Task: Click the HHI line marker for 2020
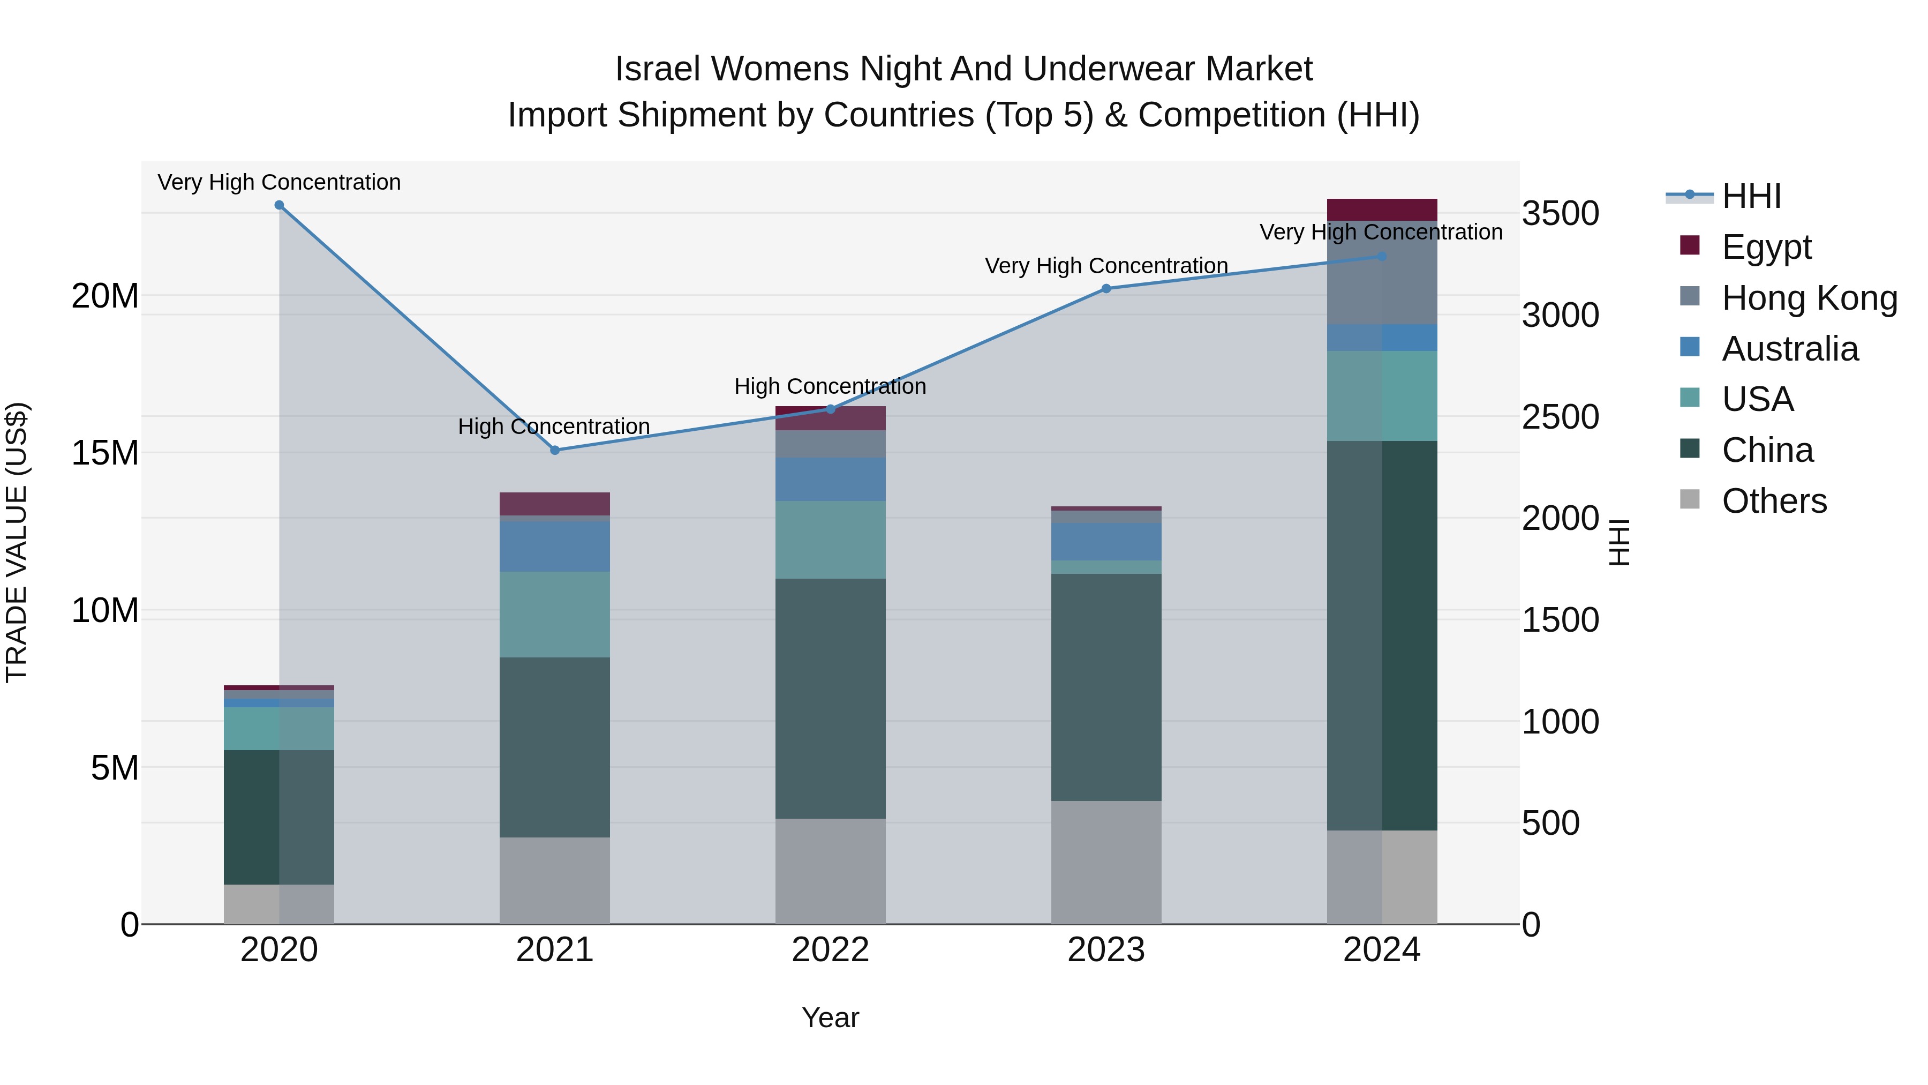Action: click(279, 205)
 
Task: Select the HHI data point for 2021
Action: click(555, 450)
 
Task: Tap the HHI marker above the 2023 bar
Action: click(1106, 288)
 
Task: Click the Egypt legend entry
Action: click(1766, 247)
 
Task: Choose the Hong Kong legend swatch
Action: click(1690, 296)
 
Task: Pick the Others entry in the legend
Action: click(1774, 501)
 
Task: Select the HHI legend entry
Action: click(1751, 196)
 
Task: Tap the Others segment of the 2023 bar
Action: click(1106, 862)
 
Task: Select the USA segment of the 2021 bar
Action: click(555, 614)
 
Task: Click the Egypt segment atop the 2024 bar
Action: click(1382, 209)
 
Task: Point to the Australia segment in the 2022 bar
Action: click(830, 479)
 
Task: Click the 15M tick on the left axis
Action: click(105, 453)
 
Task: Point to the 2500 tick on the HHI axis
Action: click(1561, 417)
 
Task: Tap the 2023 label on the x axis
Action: click(1106, 950)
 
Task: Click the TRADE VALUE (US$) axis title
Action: click(17, 542)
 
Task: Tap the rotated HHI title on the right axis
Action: click(1620, 542)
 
